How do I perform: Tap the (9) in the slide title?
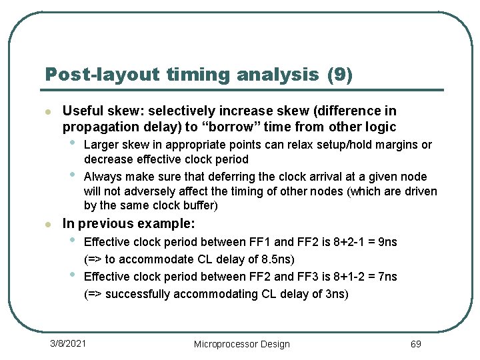pos(340,75)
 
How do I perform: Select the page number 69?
pos(415,344)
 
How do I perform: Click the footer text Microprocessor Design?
pos(241,344)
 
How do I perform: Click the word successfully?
pos(137,294)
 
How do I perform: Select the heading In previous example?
pos(129,224)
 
